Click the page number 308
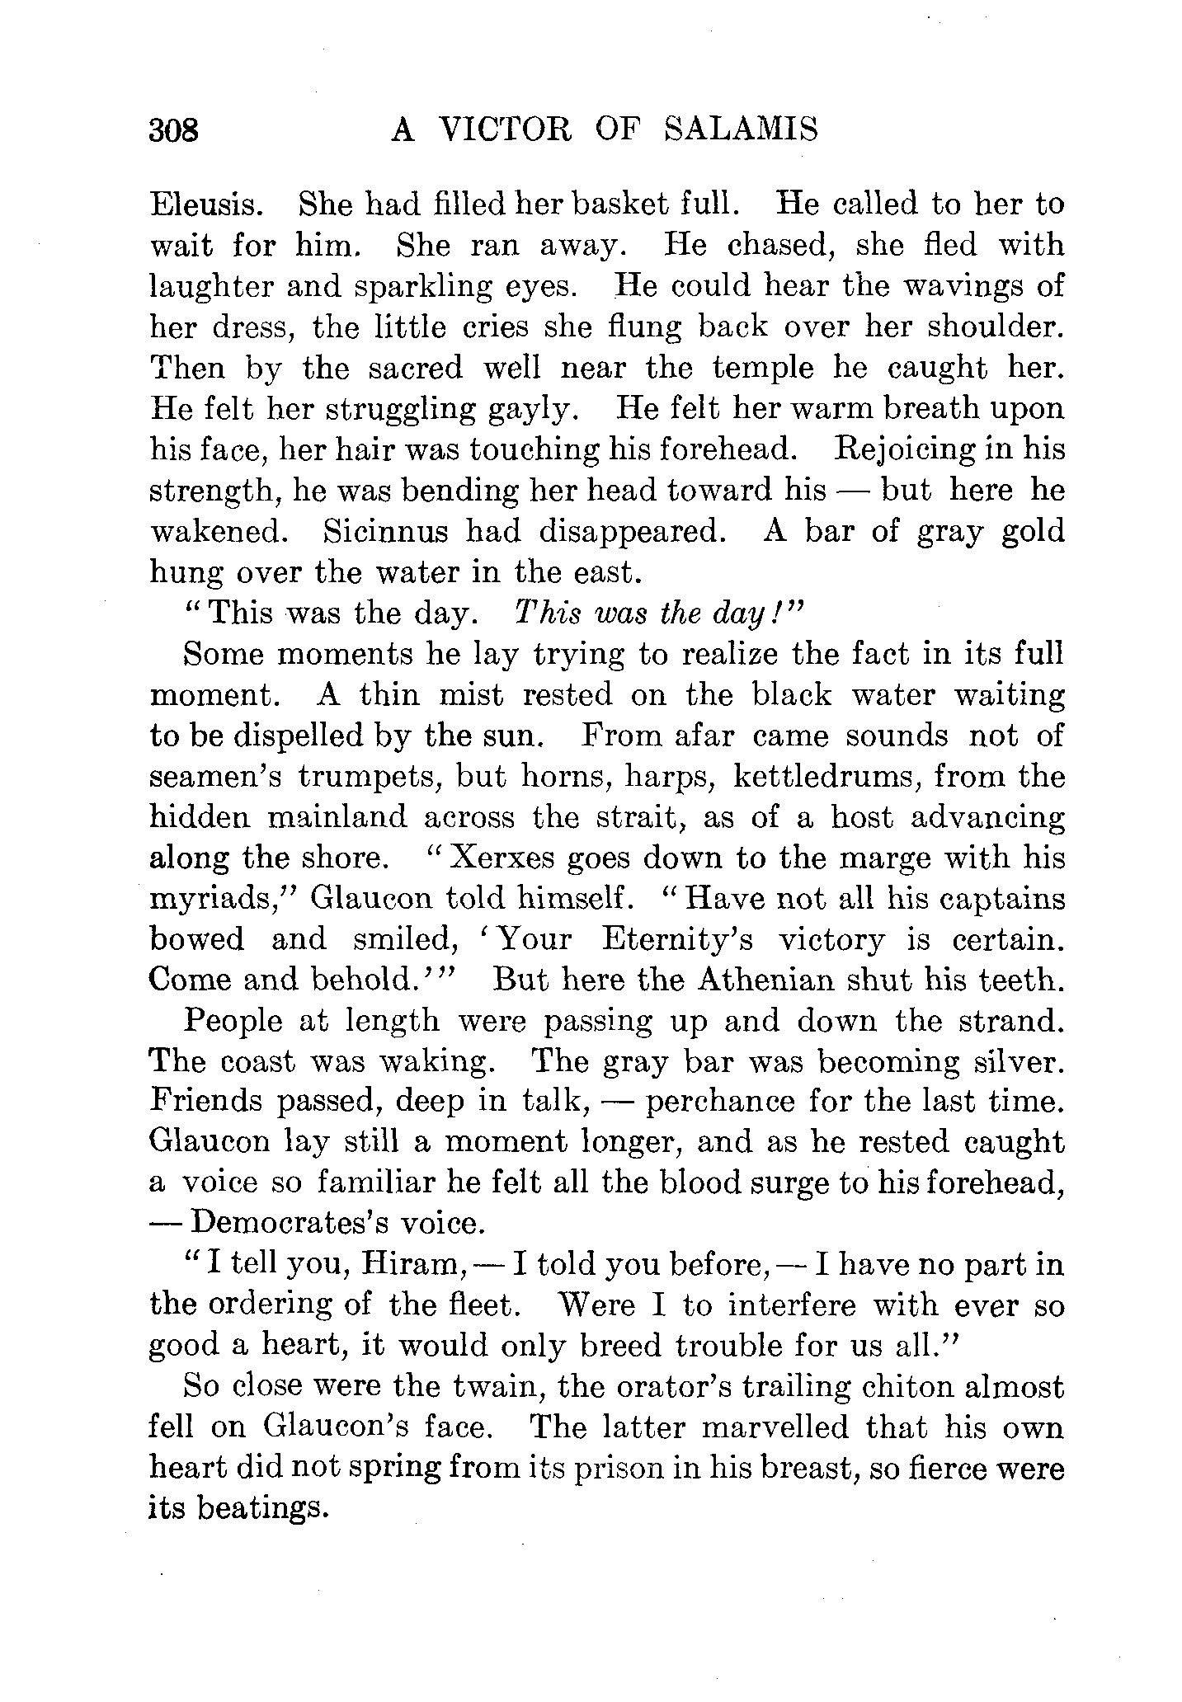(174, 130)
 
